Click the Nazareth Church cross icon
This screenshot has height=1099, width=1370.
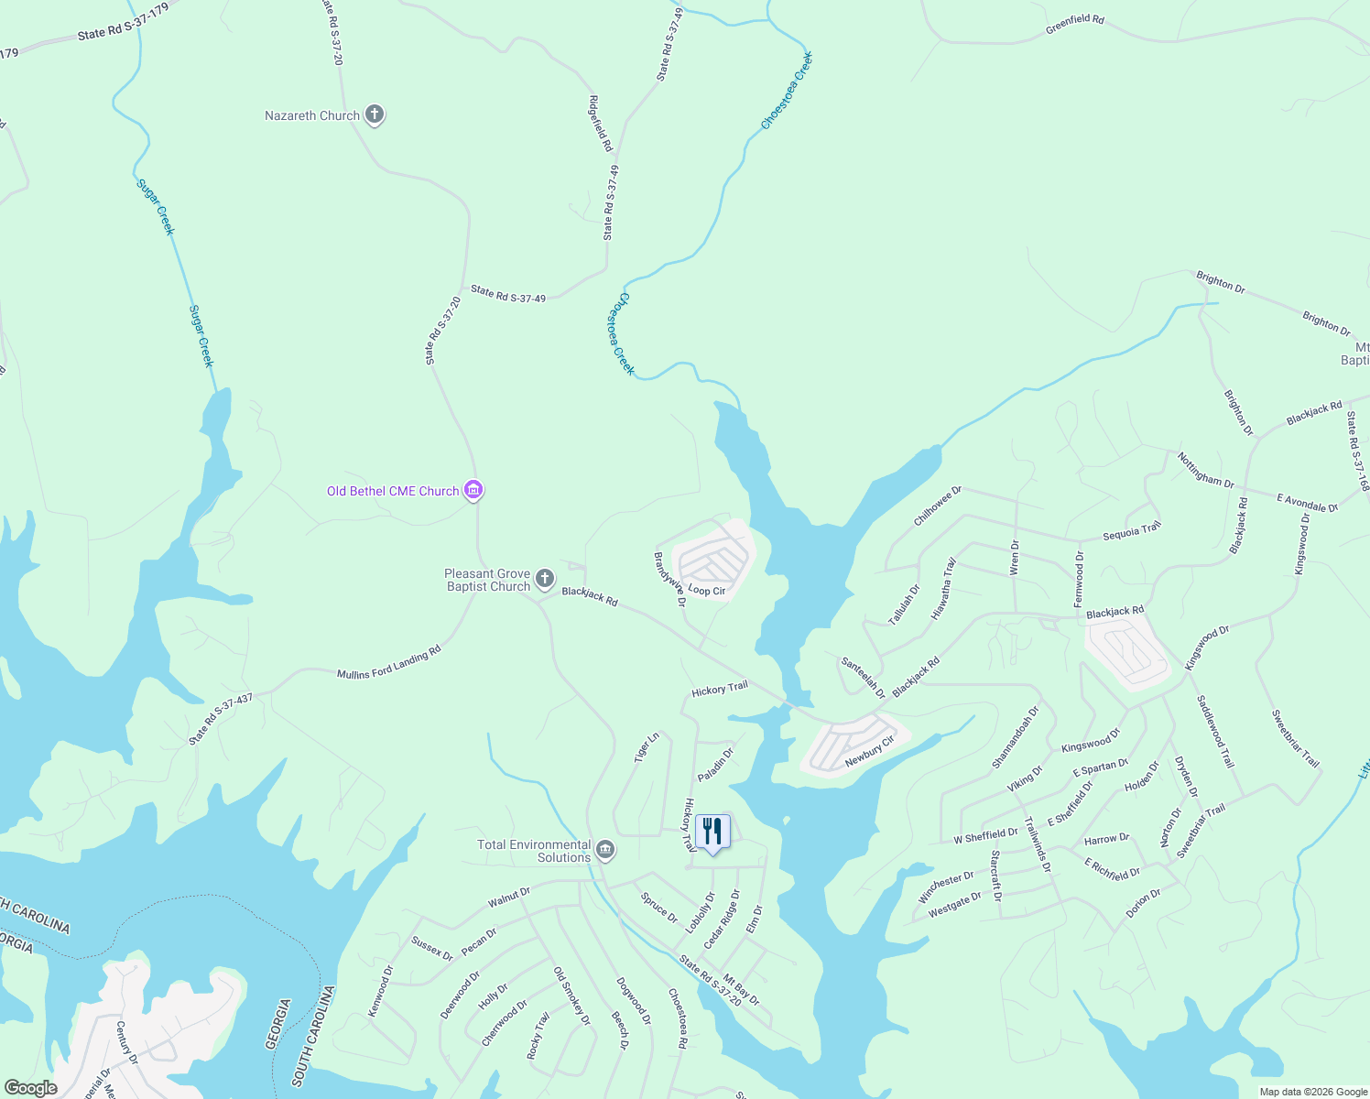pos(374,114)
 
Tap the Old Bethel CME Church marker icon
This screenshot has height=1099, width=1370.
pos(473,491)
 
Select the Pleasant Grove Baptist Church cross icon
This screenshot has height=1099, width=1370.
pos(544,578)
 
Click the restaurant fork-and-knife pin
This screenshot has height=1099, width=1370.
pos(712,832)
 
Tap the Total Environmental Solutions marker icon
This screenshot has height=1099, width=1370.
pos(604,850)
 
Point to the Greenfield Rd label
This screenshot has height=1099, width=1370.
pos(1074,25)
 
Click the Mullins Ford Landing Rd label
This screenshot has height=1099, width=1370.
pos(388,662)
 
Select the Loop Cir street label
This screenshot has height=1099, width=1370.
pos(706,591)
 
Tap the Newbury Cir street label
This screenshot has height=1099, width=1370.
pos(869,751)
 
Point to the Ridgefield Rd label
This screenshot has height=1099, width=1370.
pos(600,123)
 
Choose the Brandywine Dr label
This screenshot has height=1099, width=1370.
pos(669,579)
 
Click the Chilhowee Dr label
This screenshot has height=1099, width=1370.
pos(938,506)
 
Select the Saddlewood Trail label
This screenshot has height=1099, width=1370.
pos(1215,731)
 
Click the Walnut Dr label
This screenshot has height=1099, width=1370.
pos(508,897)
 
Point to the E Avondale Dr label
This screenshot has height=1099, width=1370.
pos(1307,502)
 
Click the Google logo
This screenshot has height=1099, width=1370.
pos(30,1087)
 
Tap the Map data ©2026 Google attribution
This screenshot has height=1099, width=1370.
pos(1312,1092)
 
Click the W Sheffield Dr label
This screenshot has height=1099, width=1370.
pos(985,836)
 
